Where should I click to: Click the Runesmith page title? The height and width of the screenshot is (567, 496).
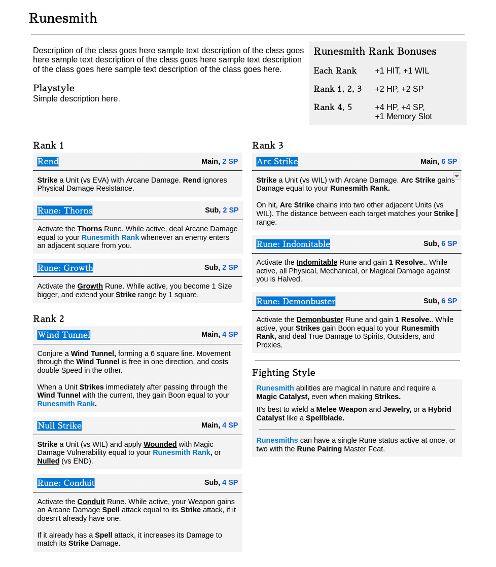click(63, 18)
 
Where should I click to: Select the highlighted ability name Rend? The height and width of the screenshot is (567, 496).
click(48, 161)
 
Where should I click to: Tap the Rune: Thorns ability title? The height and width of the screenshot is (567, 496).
click(64, 210)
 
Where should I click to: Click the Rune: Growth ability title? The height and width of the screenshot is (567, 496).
click(65, 268)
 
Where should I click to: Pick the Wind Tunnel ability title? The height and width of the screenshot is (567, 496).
click(64, 335)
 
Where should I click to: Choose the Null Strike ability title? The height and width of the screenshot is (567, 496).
click(59, 426)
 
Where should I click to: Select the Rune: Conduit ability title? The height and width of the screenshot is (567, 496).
click(66, 483)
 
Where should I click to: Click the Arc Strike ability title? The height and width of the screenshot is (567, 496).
click(277, 161)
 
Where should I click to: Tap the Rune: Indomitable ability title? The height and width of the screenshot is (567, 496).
click(293, 244)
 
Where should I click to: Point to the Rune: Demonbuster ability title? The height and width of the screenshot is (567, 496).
click(296, 301)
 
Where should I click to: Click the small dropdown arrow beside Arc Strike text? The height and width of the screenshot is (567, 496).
click(456, 176)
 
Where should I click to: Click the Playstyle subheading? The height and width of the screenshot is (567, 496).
click(54, 88)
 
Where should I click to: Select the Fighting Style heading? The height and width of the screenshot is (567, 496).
click(284, 373)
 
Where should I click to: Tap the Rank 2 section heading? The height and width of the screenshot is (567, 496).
click(49, 319)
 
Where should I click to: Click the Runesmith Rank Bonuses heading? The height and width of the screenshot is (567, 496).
click(375, 52)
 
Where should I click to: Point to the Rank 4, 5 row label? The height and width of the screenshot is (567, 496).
click(333, 108)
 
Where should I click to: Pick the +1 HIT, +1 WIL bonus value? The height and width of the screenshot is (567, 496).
click(402, 71)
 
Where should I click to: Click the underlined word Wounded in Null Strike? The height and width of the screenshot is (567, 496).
click(160, 444)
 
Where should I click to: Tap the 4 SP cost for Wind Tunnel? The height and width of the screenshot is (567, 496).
click(230, 334)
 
